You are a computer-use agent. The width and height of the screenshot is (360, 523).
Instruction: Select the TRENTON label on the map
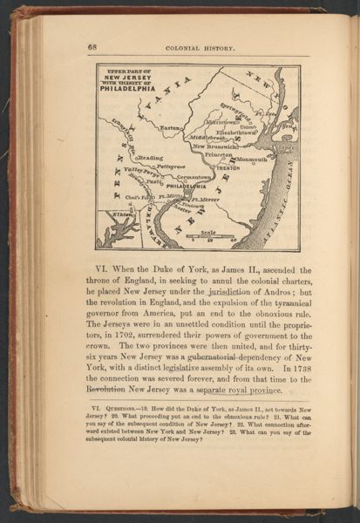228,166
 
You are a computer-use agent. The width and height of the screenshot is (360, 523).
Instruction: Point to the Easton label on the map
170,126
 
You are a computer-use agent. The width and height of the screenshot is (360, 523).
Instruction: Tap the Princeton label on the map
218,153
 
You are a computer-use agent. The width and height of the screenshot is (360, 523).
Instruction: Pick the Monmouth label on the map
252,160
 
